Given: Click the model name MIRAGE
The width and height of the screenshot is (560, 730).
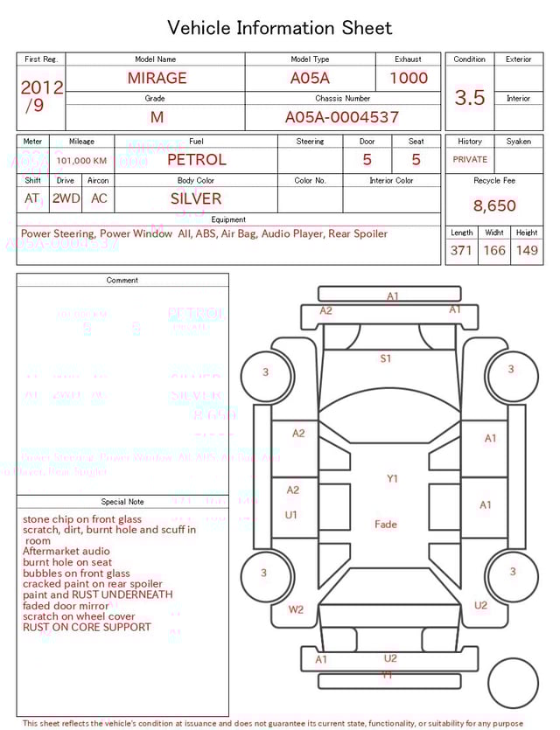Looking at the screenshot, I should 157,78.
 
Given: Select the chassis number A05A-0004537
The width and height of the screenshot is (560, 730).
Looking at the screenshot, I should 342,116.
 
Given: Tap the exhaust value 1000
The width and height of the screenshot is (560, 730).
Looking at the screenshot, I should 409,78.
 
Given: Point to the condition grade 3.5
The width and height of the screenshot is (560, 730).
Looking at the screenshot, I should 470,98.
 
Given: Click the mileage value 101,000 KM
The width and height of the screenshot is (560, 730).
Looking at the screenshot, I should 81,161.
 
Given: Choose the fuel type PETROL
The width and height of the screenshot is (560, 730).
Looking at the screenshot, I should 197,159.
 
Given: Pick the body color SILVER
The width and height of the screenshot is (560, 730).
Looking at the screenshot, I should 196,198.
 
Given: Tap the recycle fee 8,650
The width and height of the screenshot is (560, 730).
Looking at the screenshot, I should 494,206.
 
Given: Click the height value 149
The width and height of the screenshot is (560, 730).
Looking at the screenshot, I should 527,250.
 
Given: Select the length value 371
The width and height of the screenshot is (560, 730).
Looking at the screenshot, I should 461,250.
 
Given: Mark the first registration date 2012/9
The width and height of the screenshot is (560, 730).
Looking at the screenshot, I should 41,96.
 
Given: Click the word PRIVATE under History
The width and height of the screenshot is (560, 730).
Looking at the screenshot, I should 470,160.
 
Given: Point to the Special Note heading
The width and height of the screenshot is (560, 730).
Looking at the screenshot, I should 122,502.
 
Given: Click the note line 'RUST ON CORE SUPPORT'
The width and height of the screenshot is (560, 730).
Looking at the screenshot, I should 87,627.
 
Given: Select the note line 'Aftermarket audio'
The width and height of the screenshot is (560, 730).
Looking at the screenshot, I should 66,552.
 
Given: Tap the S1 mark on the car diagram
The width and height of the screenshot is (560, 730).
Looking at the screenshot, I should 386,358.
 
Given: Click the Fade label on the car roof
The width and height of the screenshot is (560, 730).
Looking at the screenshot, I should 386,525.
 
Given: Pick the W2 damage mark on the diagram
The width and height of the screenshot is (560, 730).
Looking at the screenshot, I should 297,609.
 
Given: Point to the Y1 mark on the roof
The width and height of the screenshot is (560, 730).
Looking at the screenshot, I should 393,478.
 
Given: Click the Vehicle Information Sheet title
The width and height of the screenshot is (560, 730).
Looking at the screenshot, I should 280,28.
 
